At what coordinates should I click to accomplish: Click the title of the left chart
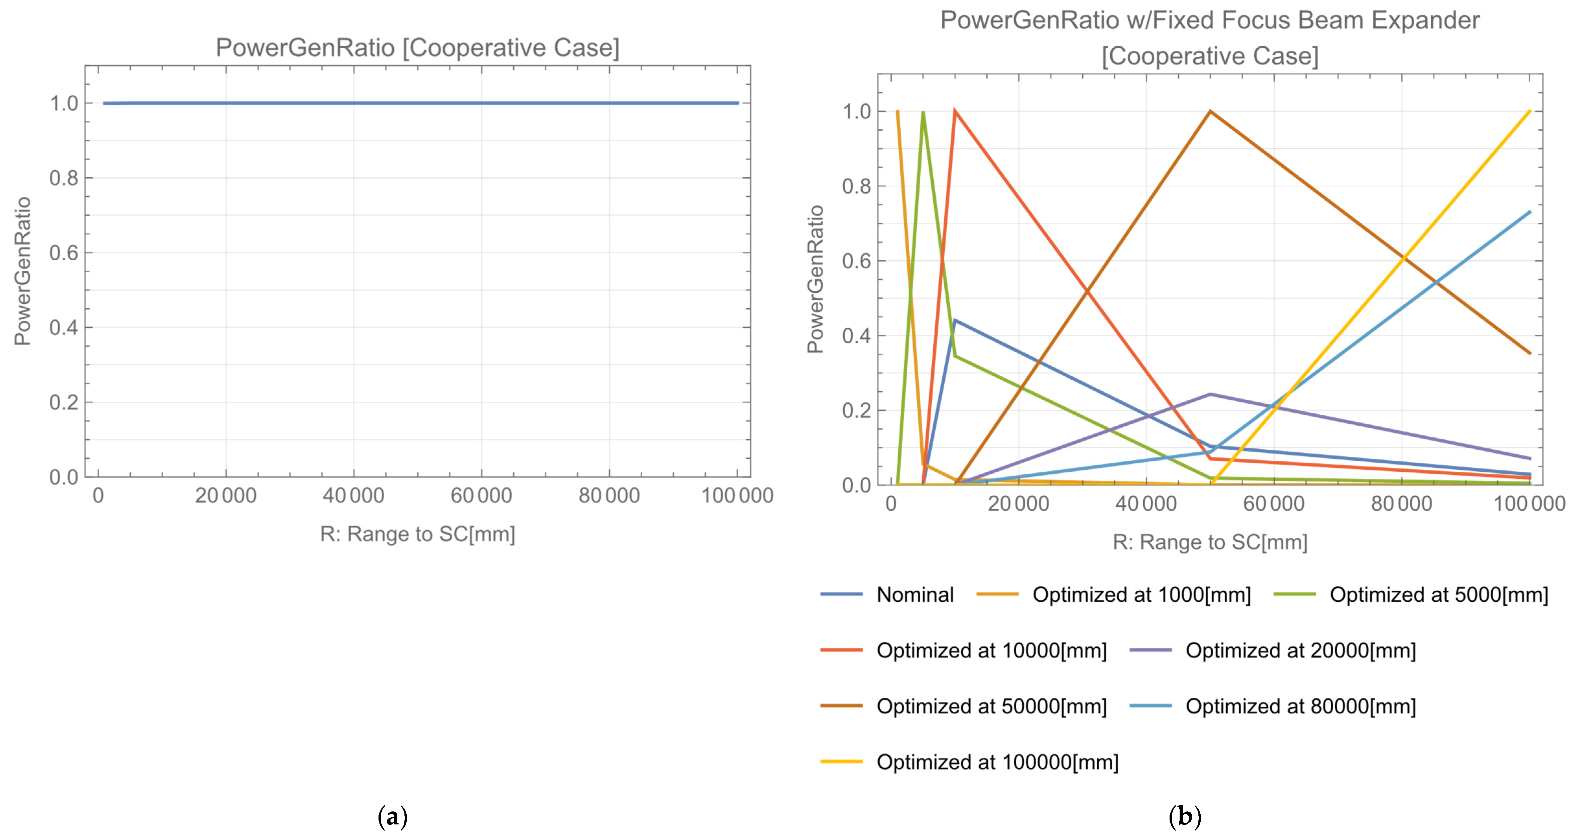tap(417, 48)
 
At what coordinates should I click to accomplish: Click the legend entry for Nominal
tap(915, 595)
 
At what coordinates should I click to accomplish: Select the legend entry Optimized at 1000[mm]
tap(1141, 595)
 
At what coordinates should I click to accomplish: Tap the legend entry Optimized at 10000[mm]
tap(991, 650)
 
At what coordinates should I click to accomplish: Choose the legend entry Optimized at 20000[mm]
tap(1300, 650)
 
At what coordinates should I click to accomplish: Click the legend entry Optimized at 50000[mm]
tap(991, 706)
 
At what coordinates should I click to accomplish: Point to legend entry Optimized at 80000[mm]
tap(1300, 706)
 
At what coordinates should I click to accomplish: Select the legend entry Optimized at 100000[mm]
tap(997, 762)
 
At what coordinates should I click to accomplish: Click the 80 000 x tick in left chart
tap(609, 496)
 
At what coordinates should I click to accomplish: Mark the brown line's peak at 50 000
tap(1210, 111)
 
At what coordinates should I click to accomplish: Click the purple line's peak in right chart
tap(1210, 394)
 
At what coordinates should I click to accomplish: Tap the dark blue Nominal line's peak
tap(954, 320)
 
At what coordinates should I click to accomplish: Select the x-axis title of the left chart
tap(417, 534)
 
